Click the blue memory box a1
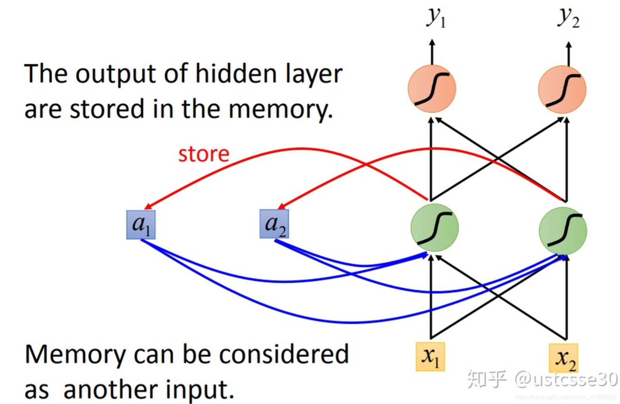pos(141,225)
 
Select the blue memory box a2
pos(274,224)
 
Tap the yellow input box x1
pos(430,357)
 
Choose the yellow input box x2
pos(563,358)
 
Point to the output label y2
pos(568,18)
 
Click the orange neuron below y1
pos(432,89)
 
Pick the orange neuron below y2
pos(562,90)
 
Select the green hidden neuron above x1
pos(434,227)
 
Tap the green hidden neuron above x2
pos(562,230)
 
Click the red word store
pos(204,154)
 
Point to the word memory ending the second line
pos(280,110)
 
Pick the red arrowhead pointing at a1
pos(148,206)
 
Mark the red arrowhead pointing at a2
pos(281,206)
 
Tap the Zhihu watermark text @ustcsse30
pos(566,379)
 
